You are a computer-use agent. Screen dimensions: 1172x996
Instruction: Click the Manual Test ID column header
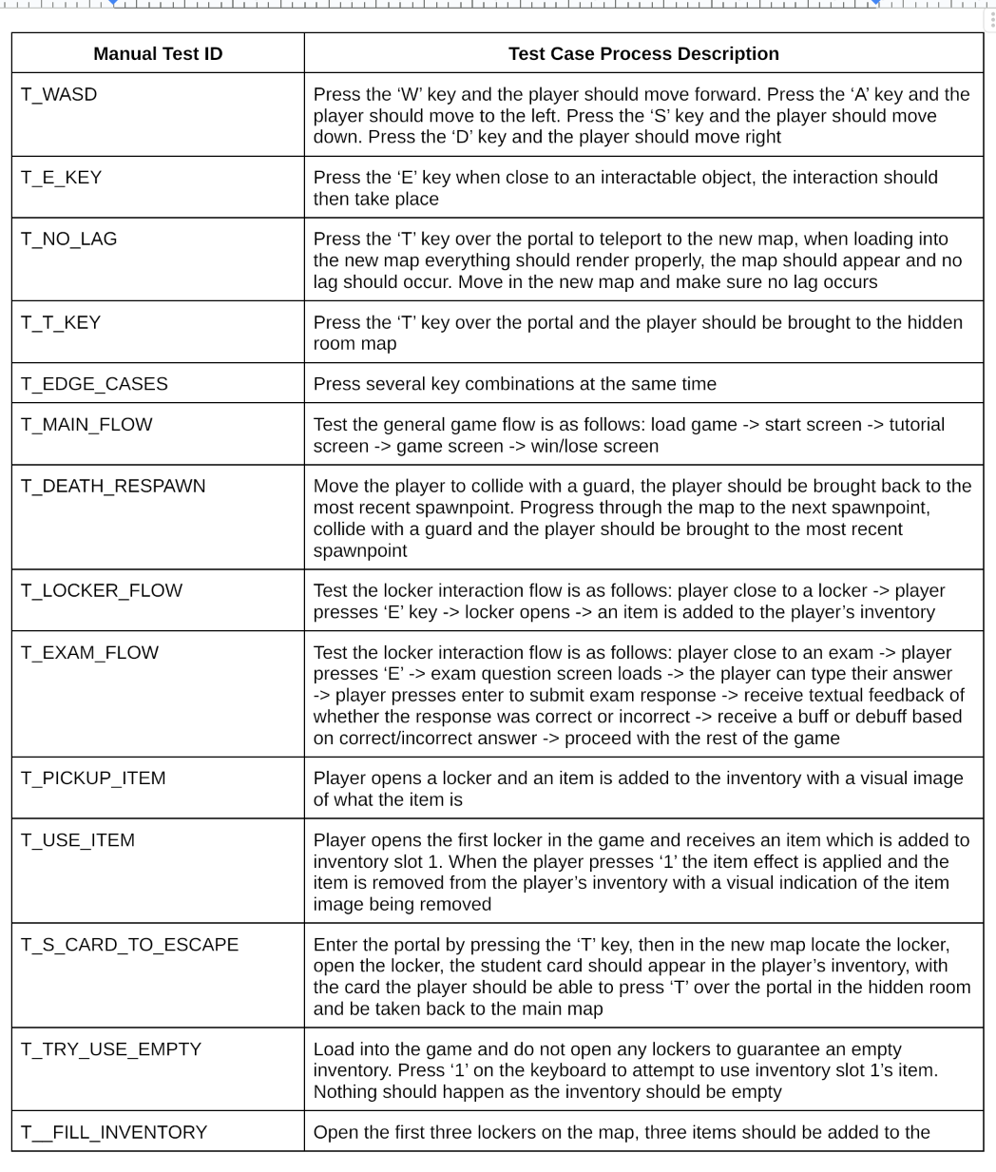pos(158,54)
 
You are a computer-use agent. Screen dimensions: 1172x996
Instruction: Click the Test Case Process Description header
pos(643,54)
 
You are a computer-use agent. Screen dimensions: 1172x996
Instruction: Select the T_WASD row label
pos(59,95)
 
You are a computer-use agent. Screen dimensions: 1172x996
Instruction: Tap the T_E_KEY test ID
pos(62,178)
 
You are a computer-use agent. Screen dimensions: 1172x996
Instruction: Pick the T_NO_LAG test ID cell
pos(69,240)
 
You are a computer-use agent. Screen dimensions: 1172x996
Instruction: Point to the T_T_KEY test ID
pos(61,323)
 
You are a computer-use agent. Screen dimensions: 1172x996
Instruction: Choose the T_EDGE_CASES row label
pos(94,384)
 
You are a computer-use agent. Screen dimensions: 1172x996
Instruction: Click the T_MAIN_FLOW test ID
pos(86,425)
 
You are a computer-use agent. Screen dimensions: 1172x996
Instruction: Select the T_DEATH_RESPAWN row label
pos(113,487)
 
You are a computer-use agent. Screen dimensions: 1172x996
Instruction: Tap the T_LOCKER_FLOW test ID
pos(102,591)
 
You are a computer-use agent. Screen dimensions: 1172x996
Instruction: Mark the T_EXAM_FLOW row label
pos(89,653)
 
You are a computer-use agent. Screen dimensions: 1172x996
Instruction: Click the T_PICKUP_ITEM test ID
pos(93,778)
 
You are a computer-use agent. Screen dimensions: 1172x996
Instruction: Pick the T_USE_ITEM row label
pos(78,840)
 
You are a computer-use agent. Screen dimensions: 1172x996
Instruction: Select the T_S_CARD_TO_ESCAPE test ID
pos(129,945)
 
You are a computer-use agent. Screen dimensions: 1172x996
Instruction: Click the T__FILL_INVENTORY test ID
pos(114,1132)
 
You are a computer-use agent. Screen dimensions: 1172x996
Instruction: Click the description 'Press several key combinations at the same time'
pos(515,384)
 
